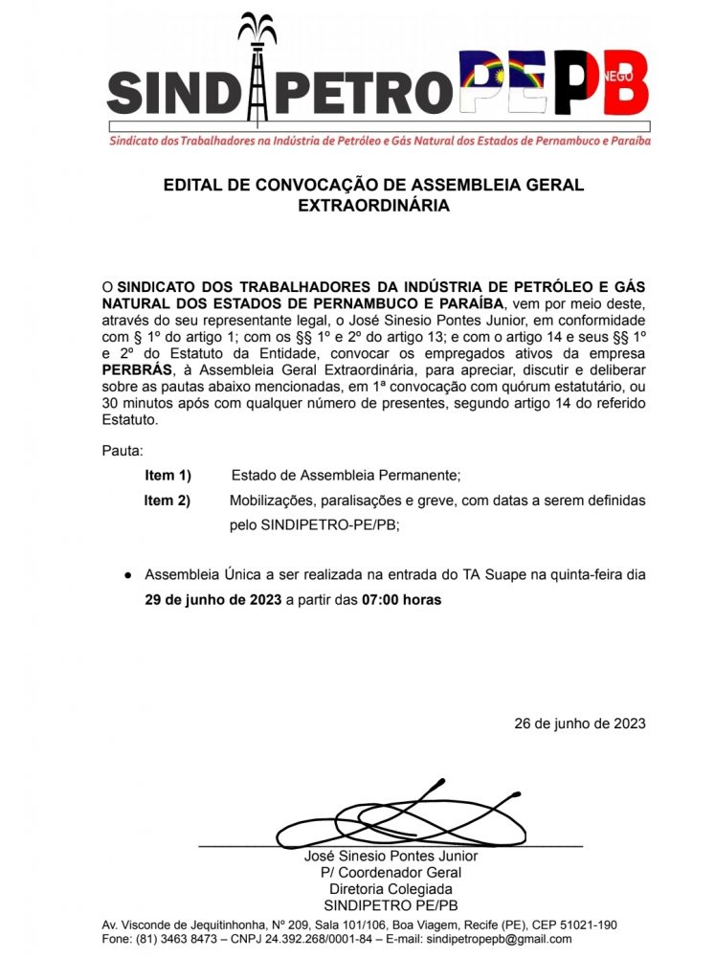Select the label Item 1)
[x=168, y=475]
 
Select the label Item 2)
[x=168, y=500]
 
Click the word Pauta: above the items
[x=122, y=450]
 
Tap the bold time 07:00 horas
[x=401, y=600]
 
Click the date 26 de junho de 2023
[x=580, y=723]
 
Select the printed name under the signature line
[x=391, y=856]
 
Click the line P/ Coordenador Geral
[x=391, y=872]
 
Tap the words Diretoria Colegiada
[x=391, y=889]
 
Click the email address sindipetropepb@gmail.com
[x=497, y=939]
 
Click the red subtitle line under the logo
[x=379, y=141]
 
